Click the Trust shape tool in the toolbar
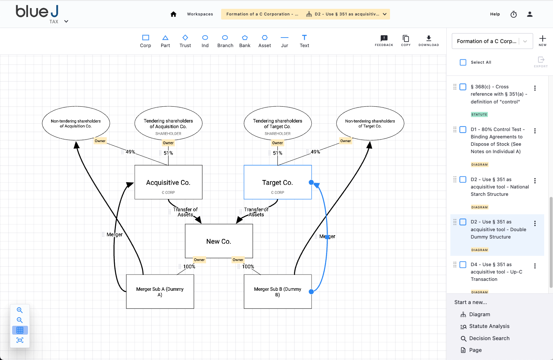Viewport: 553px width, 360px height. pos(185,41)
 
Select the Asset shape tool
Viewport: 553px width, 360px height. pos(265,41)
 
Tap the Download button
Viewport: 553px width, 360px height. pos(429,40)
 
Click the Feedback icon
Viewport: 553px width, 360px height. pos(384,40)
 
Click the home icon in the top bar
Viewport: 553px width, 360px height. pos(173,14)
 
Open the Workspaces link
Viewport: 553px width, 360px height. pos(200,14)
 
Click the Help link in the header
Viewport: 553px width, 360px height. pos(495,14)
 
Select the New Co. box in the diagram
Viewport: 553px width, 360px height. pos(219,241)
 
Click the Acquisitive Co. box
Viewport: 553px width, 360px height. pos(168,182)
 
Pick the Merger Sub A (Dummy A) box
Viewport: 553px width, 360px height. pos(160,292)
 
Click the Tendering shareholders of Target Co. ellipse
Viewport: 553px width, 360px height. pos(277,124)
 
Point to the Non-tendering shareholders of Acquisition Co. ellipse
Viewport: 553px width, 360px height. pos(76,124)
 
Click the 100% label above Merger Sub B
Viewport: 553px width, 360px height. pos(248,267)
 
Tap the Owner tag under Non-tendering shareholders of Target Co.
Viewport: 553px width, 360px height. pos(345,141)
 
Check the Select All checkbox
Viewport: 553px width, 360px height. pos(463,62)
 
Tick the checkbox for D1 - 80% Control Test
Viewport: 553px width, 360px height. pos(463,130)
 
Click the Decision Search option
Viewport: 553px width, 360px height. pos(489,338)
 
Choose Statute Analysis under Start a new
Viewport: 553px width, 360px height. pos(489,326)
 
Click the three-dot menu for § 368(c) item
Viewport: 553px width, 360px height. pos(535,88)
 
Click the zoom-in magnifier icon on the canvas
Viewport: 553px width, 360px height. pos(20,310)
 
